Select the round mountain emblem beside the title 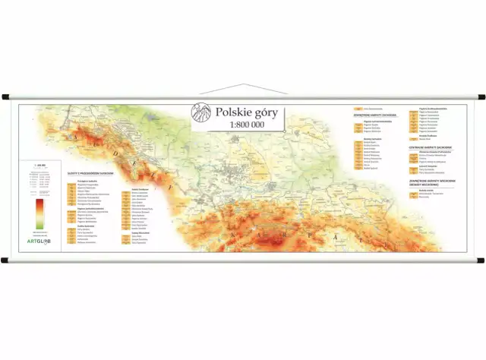(201, 114)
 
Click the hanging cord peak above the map (243, 84)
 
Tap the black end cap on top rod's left (5, 97)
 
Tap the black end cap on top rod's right (481, 97)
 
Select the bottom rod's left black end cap (5, 261)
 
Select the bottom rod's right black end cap (481, 261)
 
